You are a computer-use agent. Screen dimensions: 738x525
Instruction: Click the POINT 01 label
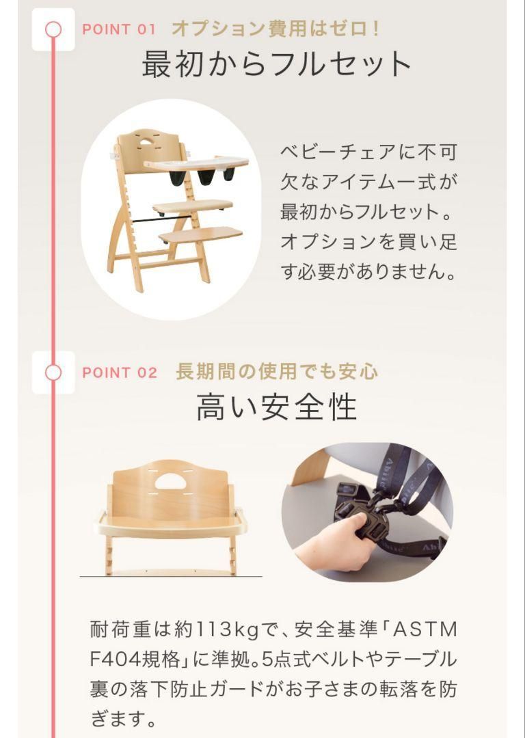tap(119, 29)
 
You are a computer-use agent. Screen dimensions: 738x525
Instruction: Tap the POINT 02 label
tap(119, 373)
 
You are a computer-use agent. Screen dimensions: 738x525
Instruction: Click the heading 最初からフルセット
tap(277, 65)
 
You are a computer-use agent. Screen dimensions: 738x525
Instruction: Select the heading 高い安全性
tap(277, 407)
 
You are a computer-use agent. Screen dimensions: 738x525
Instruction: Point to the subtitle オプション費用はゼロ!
tap(275, 29)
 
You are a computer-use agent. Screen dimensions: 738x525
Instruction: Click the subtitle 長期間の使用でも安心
tap(277, 372)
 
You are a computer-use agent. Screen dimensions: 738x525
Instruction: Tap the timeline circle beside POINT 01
tap(53, 29)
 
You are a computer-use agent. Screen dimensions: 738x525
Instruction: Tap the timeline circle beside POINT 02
tap(53, 372)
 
